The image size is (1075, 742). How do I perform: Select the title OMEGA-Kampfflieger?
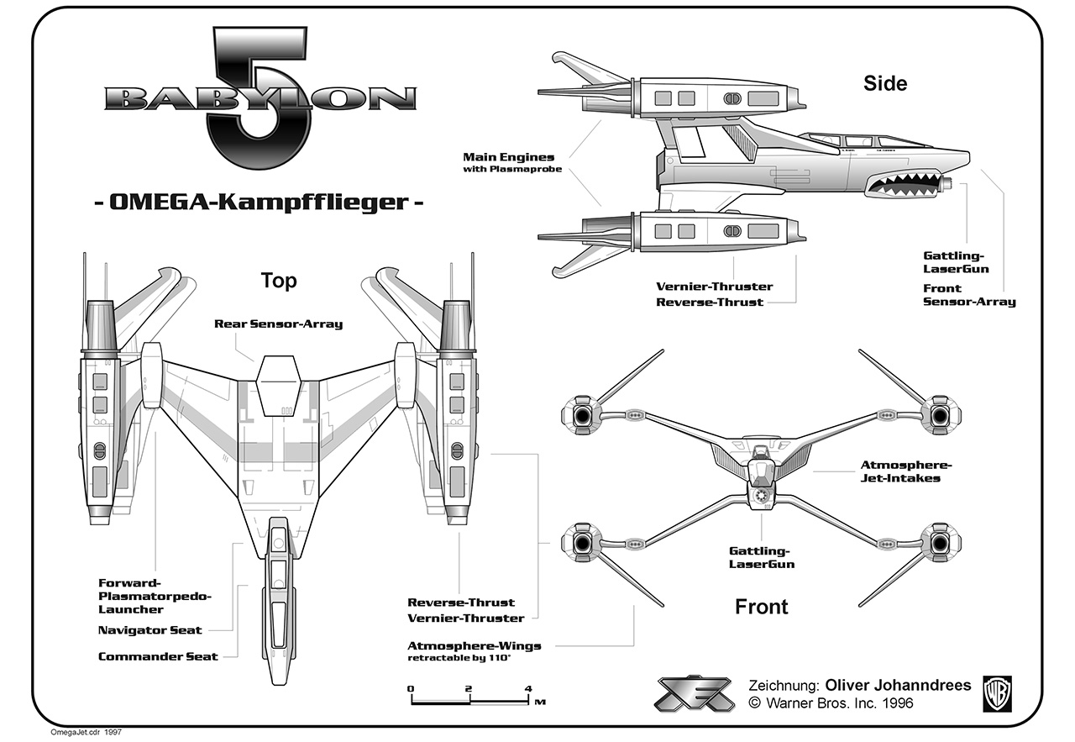(x=258, y=203)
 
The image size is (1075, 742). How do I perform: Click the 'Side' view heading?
(x=885, y=83)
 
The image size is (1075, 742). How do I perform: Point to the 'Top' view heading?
(x=279, y=280)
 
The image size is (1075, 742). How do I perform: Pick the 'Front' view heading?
(x=762, y=606)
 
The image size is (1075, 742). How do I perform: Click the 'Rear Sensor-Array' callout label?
(x=278, y=324)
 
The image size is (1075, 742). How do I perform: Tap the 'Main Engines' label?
(x=509, y=157)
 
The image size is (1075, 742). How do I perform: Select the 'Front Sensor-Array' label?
(x=969, y=295)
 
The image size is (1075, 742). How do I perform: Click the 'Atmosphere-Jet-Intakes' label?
(x=900, y=471)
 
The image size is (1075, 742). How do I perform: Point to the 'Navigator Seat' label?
(x=150, y=629)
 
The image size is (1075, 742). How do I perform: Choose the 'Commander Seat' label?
(x=158, y=656)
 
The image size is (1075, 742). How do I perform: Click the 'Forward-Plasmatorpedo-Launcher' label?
(x=155, y=596)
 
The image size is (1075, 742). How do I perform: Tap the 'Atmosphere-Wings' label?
(x=474, y=646)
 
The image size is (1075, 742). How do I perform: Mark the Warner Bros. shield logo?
(x=999, y=694)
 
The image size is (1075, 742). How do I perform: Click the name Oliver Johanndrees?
(x=898, y=685)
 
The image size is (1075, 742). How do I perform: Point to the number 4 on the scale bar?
(x=527, y=689)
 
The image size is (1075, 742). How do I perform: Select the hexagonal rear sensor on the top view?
(x=278, y=384)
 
